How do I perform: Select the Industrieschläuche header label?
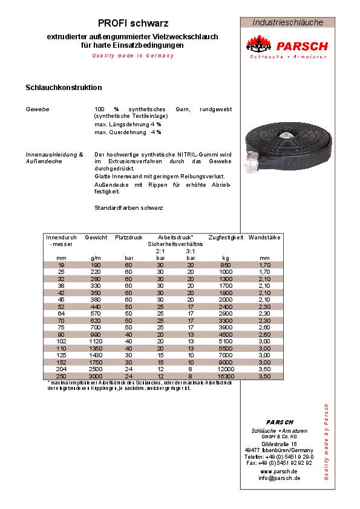coord(287,22)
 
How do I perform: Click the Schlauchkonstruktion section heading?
coord(64,88)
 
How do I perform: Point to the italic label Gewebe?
coord(37,109)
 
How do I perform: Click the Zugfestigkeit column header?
coord(226,238)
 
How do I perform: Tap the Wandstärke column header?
coord(264,238)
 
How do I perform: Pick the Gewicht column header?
coord(96,238)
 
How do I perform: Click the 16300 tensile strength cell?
coord(226,375)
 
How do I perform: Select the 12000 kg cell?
coord(226,369)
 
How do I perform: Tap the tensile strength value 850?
coord(226,264)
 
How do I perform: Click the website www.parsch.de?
coord(279,471)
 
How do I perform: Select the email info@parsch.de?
coord(280,478)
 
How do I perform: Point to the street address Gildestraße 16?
coord(280,444)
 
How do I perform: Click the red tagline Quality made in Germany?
coord(133,56)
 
